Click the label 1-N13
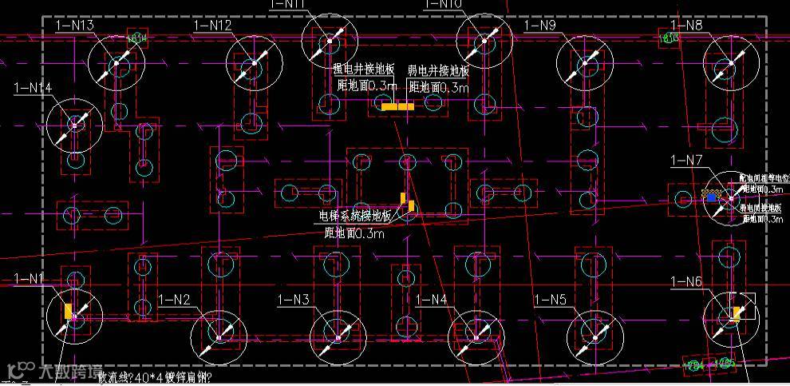(75, 26)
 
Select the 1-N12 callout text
(212, 26)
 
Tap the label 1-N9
(539, 26)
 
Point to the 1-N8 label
(686, 26)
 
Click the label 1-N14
(33, 87)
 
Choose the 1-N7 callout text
(686, 161)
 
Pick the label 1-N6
(686, 281)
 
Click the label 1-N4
(432, 300)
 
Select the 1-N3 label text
(294, 300)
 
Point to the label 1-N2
(174, 300)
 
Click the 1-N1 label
(30, 279)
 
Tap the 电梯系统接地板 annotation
(355, 217)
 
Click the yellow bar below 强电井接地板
(397, 106)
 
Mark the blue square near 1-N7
(709, 194)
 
